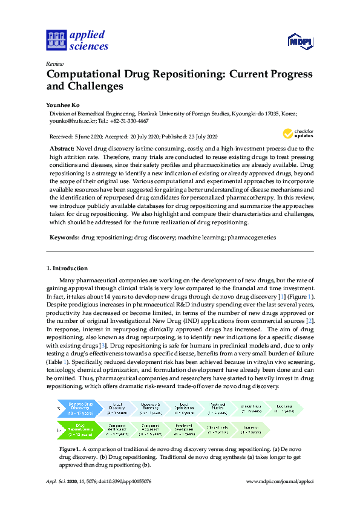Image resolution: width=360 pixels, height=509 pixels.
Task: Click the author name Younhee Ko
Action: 62,104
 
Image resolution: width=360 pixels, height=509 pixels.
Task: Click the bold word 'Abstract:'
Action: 61,149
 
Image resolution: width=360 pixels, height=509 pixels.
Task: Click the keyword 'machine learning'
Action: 200,238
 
